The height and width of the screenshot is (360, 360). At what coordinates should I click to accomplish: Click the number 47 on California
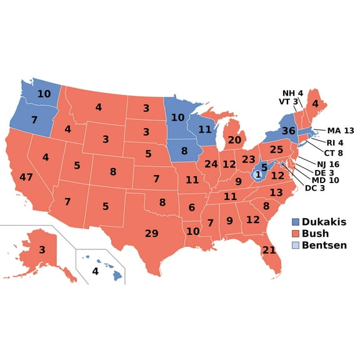[26, 177]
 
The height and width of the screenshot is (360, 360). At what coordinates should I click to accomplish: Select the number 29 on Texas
[151, 234]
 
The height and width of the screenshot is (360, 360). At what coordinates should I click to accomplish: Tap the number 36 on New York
[288, 131]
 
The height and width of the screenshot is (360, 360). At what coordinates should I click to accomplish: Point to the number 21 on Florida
[269, 250]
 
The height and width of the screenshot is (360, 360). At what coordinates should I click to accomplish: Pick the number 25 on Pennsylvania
[276, 150]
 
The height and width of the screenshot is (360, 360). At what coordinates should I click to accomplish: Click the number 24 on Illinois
[211, 164]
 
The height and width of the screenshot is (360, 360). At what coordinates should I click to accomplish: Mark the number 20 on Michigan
[234, 140]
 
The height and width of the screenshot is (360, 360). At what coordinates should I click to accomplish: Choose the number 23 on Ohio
[248, 159]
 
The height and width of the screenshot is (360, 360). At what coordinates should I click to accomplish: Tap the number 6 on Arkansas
[192, 207]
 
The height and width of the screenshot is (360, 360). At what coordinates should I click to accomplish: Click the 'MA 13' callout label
[340, 131]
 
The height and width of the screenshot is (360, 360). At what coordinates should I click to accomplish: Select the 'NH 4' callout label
[292, 93]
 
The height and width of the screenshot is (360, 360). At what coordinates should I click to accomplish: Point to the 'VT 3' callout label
[288, 102]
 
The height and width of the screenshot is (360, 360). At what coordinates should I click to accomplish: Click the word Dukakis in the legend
[324, 221]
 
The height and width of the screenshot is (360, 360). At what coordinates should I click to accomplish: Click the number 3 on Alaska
[41, 250]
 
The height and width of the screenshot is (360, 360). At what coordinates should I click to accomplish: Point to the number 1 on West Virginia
[257, 175]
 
